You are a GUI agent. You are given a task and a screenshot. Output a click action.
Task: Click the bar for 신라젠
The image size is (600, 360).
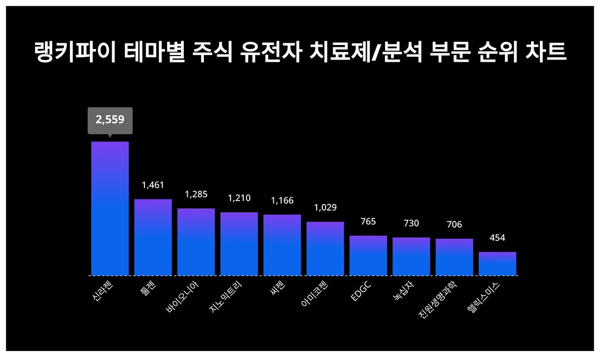110,208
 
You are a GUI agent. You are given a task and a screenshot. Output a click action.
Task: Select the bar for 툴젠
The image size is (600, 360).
153,237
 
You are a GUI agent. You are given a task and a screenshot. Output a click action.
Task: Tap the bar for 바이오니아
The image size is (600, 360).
196,242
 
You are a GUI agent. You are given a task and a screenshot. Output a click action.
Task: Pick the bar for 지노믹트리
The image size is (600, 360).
239,244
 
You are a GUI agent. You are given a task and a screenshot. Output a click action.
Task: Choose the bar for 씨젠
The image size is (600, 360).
282,245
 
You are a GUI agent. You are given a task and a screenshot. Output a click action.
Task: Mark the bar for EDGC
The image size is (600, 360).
368,256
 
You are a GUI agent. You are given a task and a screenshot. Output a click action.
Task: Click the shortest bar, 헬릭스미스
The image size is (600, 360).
497,264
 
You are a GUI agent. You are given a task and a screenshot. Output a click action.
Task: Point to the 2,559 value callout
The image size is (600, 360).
110,119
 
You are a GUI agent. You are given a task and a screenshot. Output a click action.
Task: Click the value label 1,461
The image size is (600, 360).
153,185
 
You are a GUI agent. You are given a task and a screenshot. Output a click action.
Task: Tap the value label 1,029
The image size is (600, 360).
325,208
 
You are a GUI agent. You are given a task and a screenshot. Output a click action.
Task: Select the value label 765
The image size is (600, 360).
368,222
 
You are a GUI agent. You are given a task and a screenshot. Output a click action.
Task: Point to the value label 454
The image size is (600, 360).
497,238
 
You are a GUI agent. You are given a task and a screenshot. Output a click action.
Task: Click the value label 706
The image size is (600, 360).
454,224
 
